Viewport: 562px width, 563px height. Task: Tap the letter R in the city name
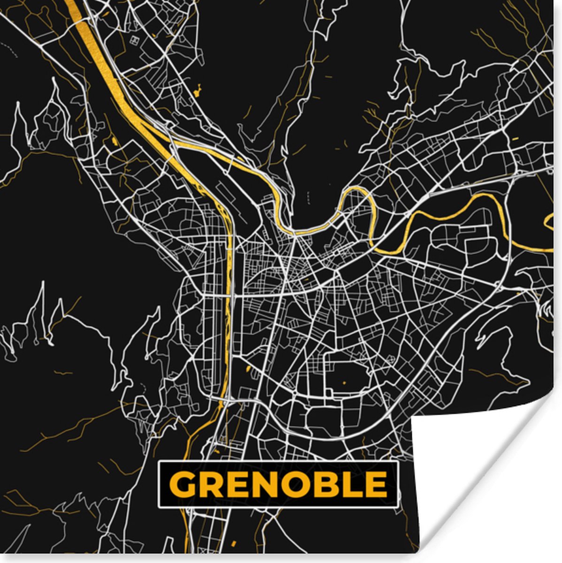click(209, 484)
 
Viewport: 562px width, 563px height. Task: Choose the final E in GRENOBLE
click(373, 484)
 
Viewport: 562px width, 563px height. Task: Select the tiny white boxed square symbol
click(136, 40)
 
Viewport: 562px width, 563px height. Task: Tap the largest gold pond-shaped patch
click(198, 89)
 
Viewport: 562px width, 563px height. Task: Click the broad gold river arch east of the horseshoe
click(451, 211)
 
